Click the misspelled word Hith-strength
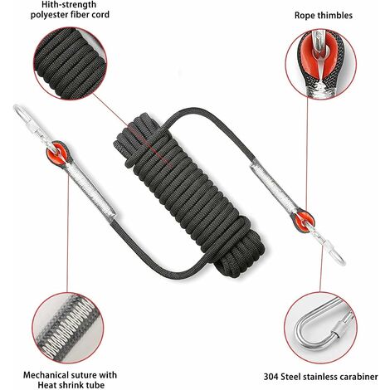[69, 4]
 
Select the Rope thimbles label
[324, 15]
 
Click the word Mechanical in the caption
[46, 375]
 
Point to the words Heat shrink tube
[71, 385]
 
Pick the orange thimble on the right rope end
[304, 221]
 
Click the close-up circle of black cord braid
[71, 63]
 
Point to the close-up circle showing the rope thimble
[320, 65]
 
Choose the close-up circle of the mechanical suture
[68, 328]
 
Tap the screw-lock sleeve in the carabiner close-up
[343, 324]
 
